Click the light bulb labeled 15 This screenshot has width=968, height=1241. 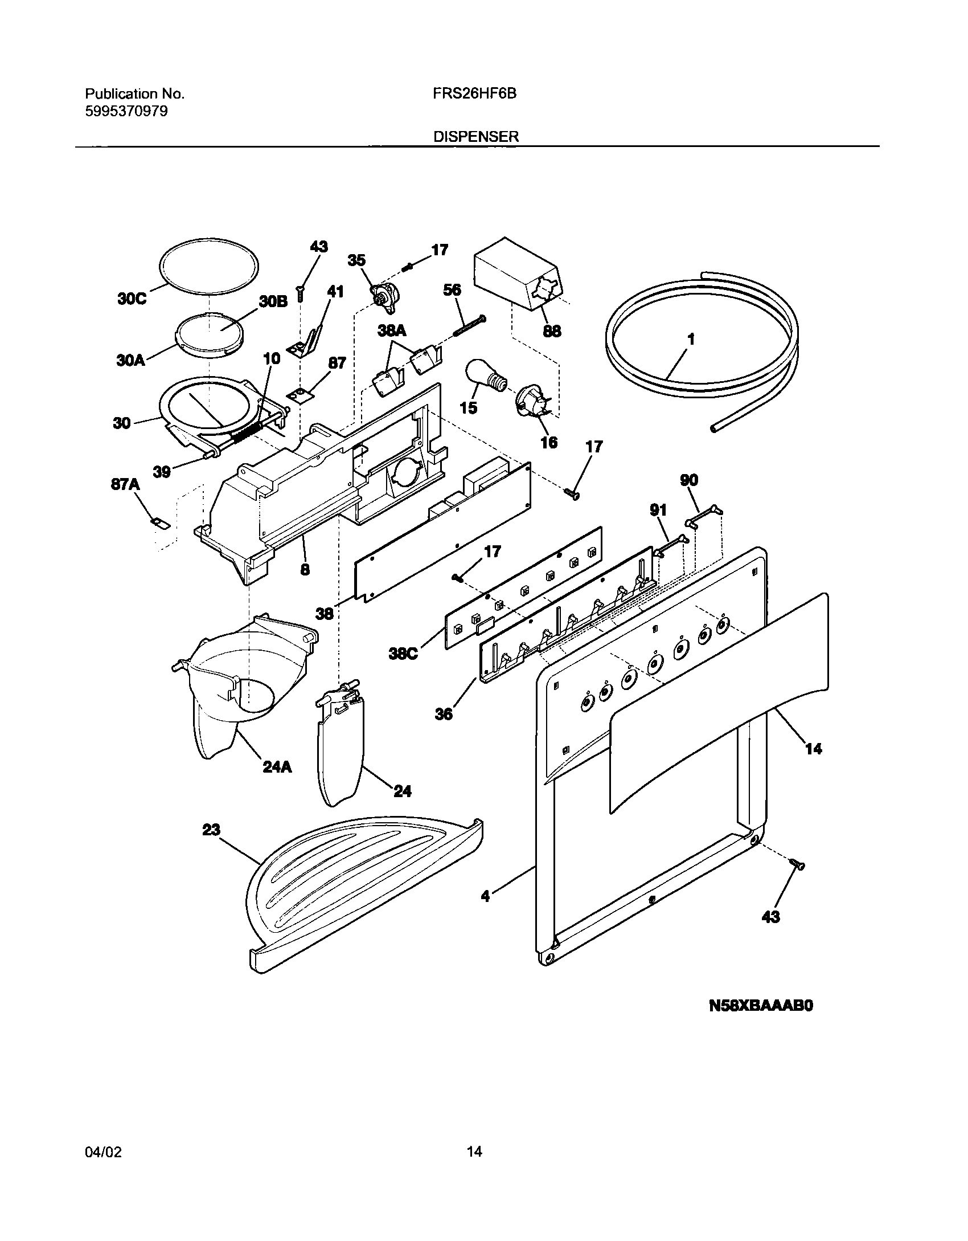pyautogui.click(x=486, y=377)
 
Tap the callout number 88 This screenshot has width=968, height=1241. pyautogui.click(x=552, y=330)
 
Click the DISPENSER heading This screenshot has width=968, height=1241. pyautogui.click(x=477, y=137)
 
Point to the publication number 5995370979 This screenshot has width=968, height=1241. pyautogui.click(x=126, y=111)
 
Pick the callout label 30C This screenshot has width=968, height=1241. pyautogui.click(x=132, y=299)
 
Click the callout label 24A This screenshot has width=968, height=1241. pyautogui.click(x=277, y=767)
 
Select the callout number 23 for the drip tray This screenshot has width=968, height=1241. pyautogui.click(x=211, y=830)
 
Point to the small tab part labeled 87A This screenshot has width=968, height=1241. pyautogui.click(x=161, y=522)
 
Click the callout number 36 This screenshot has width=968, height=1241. pyautogui.click(x=444, y=713)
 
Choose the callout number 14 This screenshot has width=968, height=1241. pyautogui.click(x=814, y=749)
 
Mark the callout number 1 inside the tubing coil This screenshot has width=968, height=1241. pyautogui.click(x=691, y=340)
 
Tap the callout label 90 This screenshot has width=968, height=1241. pyautogui.click(x=689, y=480)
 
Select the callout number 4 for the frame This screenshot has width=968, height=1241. pyautogui.click(x=485, y=896)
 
